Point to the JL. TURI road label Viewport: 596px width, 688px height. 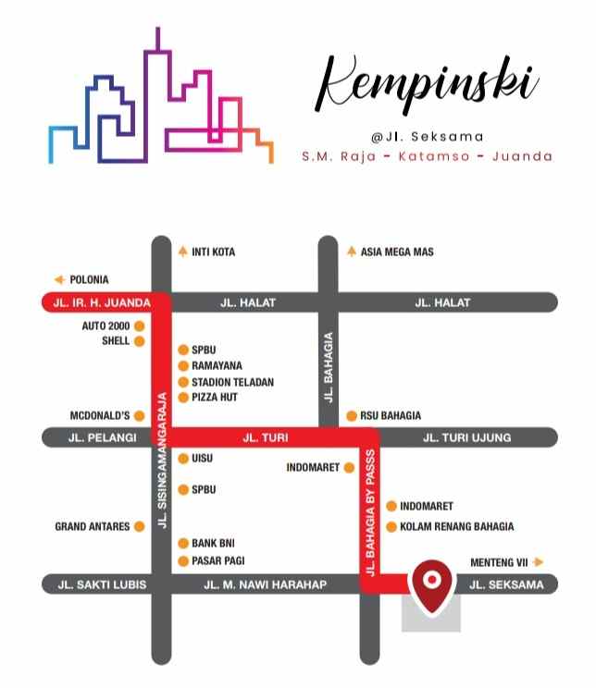click(x=263, y=437)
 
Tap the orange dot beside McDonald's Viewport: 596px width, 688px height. click(x=139, y=415)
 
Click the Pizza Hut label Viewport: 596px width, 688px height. click(x=215, y=397)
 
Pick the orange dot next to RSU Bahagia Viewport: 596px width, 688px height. click(x=352, y=416)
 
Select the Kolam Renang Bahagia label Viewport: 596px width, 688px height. click(x=456, y=526)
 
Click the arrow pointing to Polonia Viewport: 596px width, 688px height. click(x=59, y=279)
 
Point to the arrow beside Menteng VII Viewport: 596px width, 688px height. click(x=539, y=561)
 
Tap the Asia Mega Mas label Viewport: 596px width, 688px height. click(x=397, y=252)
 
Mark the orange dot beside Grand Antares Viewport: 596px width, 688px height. click(x=139, y=526)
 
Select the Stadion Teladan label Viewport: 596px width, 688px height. click(x=232, y=382)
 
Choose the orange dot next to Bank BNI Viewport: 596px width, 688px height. click(x=183, y=544)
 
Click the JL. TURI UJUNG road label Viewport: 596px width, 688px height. click(x=466, y=437)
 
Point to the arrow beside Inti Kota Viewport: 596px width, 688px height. click(x=182, y=252)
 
